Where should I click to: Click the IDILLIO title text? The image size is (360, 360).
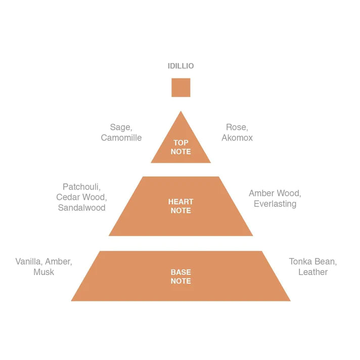[x=181, y=66]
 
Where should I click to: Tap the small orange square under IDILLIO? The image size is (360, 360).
[x=181, y=87]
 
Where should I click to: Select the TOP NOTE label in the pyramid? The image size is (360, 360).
[x=181, y=147]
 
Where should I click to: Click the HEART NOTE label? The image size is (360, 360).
[x=181, y=206]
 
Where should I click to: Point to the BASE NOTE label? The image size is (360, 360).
[x=181, y=277]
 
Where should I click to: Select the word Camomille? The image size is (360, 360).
[x=121, y=138]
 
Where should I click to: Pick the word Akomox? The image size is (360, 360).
[x=237, y=138]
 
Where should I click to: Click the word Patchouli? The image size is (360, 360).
[x=81, y=187]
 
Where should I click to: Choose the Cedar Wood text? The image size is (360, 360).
[x=81, y=197]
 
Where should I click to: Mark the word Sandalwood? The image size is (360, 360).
[x=81, y=207]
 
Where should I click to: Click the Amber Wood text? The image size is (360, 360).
[x=275, y=194]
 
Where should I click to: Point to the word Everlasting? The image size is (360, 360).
[x=275, y=204]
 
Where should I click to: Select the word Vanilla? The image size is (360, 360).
[x=29, y=262]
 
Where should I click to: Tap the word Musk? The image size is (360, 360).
[x=43, y=272]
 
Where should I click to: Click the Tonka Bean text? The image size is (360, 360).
[x=312, y=262]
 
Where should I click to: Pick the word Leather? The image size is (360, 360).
[x=312, y=272]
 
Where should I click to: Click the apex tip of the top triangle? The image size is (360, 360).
[x=181, y=112]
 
